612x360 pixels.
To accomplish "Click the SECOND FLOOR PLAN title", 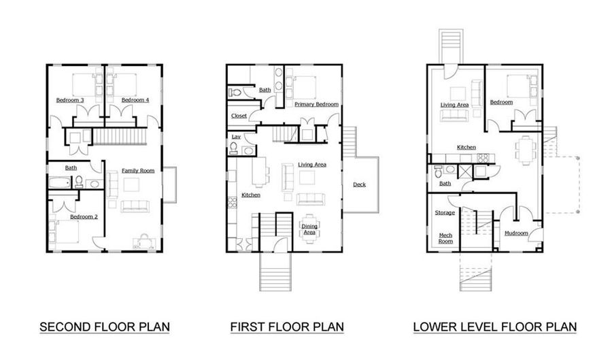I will click(104, 327).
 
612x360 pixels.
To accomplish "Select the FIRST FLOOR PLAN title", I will click(286, 327).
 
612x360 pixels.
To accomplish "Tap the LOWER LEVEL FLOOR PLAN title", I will click(494, 327).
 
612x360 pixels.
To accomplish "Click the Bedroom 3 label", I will click(70, 101).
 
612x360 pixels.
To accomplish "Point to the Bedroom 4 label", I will click(135, 101).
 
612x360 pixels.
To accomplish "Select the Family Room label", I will click(139, 171).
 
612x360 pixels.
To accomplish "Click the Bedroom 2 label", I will click(84, 217).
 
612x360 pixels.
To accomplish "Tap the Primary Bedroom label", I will click(316, 104).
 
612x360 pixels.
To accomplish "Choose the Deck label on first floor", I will click(359, 184).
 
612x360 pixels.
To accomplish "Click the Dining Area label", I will click(309, 229).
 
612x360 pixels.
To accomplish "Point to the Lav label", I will click(235, 137).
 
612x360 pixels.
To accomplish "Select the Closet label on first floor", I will click(239, 116).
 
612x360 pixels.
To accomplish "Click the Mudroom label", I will click(516, 233).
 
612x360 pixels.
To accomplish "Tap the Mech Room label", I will click(445, 238).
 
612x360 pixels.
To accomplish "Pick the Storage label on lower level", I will click(445, 213).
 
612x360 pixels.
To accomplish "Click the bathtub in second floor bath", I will click(58, 182).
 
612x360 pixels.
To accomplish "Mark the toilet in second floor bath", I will click(79, 182).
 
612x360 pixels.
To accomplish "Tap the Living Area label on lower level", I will click(454, 105).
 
